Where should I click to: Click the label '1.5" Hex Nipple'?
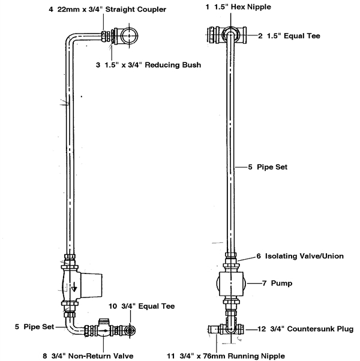242,7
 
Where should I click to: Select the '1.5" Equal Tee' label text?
293,36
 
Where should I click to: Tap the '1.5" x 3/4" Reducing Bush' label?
153,65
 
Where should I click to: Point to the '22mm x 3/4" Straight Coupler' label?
112,10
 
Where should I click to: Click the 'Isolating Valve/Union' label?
304,256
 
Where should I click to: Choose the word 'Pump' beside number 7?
281,283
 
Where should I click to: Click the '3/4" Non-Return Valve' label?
92,356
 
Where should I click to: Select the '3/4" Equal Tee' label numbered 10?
148,306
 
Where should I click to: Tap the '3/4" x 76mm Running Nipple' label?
232,356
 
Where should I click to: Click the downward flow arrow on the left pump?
74,287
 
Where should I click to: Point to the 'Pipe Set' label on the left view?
38,327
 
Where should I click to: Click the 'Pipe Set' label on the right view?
272,167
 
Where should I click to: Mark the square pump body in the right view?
231,284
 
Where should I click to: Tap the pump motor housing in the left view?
91,285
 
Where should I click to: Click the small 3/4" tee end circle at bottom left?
130,330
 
